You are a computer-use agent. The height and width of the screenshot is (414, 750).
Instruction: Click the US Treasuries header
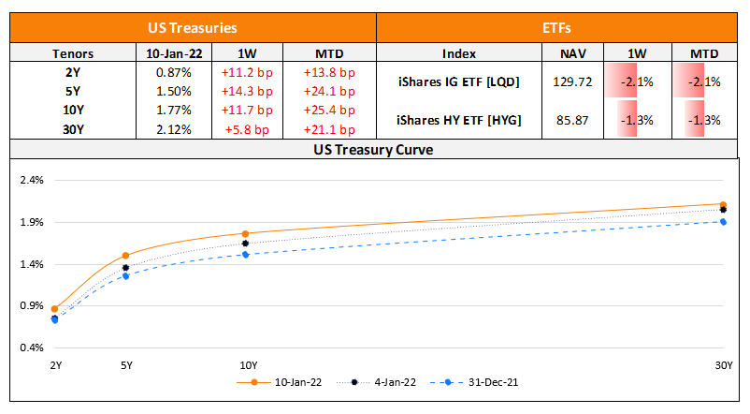coord(193,29)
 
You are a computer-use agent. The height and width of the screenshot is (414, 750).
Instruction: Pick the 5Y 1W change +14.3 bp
coord(244,91)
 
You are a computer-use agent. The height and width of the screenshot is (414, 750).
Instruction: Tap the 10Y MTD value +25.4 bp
coord(329,111)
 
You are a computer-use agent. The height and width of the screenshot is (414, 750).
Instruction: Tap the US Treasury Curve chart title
coord(374,149)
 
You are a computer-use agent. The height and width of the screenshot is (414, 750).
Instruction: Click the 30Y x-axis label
coord(723,365)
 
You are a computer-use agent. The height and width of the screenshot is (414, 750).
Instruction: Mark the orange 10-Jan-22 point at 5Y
coord(125,255)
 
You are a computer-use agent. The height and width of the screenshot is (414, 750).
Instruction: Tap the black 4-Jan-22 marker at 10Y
coord(245,244)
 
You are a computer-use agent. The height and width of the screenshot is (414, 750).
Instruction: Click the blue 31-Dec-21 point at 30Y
coord(723,222)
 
